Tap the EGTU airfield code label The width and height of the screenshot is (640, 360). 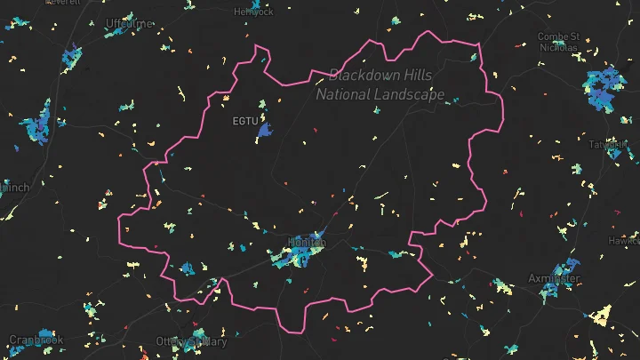[x=244, y=120]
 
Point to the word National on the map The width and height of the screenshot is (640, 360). [x=348, y=93]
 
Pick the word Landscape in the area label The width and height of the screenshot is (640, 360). [x=413, y=93]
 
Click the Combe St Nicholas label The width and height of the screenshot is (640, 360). [x=559, y=42]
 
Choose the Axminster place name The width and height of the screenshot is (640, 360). [x=554, y=278]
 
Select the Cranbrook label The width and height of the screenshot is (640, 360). [x=36, y=340]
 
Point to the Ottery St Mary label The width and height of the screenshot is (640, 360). [x=191, y=340]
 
